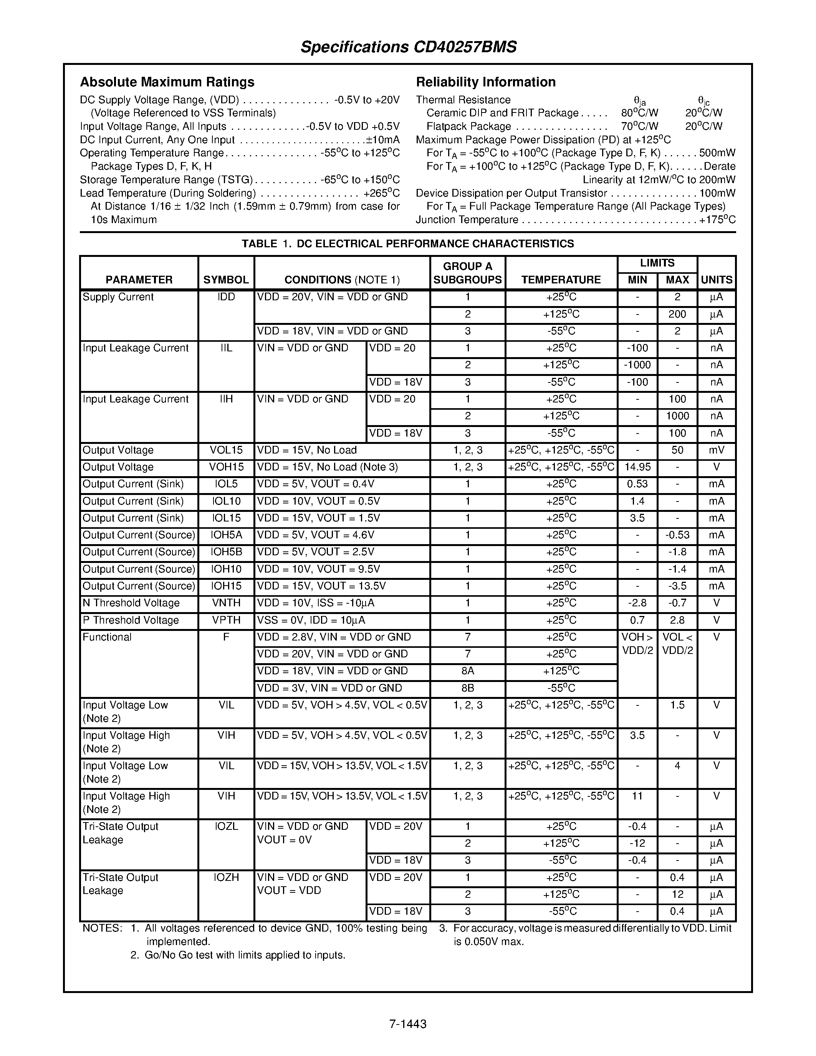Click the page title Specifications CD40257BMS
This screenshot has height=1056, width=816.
point(409,47)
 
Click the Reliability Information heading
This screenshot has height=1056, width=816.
point(485,82)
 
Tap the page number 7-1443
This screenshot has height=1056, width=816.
point(407,1024)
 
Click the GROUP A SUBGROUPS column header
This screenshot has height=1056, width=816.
point(467,273)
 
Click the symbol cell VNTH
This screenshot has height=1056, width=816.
point(226,603)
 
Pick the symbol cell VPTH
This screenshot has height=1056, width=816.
point(226,620)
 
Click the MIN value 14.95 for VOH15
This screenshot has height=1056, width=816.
point(637,467)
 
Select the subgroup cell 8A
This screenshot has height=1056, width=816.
point(467,670)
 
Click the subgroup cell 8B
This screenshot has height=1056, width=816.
point(467,688)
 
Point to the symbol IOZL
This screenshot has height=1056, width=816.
point(226,826)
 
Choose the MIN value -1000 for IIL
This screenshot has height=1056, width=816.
point(637,365)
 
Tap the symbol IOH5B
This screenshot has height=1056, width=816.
point(226,552)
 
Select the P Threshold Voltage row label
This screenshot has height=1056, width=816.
point(131,620)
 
